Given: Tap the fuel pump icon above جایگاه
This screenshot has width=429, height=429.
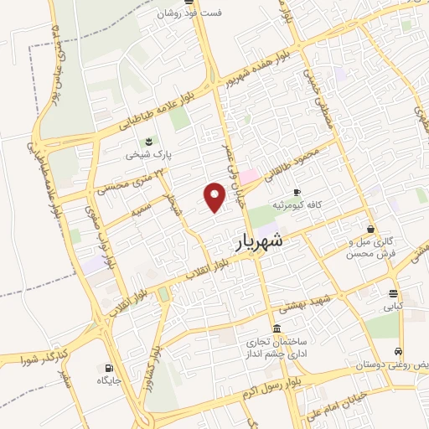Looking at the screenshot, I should click(x=107, y=368).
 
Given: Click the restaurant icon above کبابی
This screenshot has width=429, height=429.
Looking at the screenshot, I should click(x=393, y=293).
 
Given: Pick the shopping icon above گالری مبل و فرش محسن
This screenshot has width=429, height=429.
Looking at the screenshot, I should click(x=371, y=229).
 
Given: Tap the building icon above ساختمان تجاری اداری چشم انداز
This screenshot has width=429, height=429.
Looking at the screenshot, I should click(x=277, y=328).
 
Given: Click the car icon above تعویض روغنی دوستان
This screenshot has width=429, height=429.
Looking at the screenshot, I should click(x=400, y=353).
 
